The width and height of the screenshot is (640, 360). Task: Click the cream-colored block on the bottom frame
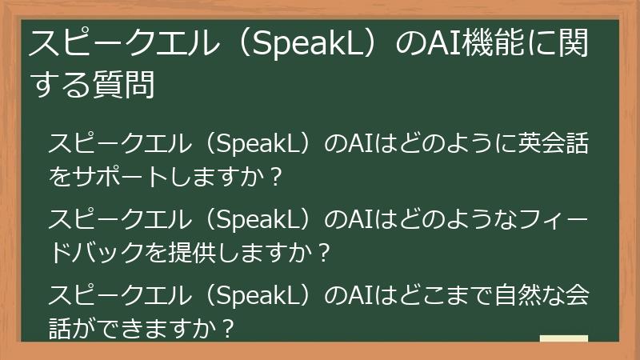(563, 338)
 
